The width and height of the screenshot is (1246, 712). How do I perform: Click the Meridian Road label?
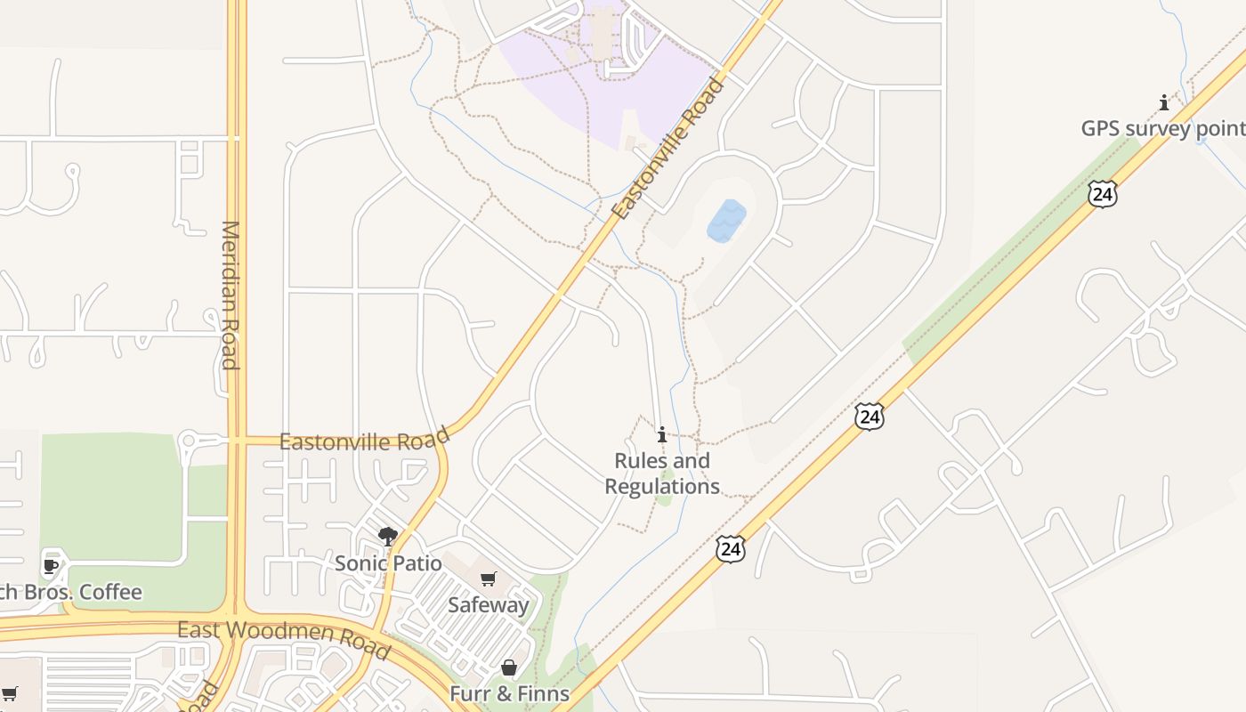(x=231, y=295)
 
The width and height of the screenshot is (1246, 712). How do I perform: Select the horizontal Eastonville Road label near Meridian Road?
(x=364, y=441)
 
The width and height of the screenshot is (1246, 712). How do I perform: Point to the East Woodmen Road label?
(x=283, y=635)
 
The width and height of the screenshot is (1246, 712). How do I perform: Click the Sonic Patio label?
(x=388, y=563)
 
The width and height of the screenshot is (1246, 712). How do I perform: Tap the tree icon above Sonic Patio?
(x=387, y=536)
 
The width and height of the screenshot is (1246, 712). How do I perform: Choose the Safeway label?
(x=488, y=605)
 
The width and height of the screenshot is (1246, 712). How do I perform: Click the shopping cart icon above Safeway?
(x=488, y=580)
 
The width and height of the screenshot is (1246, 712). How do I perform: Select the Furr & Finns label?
(x=509, y=693)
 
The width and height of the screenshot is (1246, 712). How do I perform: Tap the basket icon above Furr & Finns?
(x=509, y=667)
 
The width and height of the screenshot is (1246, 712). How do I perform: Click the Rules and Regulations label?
(x=662, y=473)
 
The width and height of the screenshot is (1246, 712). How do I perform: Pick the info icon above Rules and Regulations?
(x=662, y=435)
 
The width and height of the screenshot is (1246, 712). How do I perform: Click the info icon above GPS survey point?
(x=1163, y=102)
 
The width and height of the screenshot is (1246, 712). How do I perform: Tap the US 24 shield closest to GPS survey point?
(x=1102, y=194)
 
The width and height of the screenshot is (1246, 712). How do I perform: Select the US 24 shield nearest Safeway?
(x=730, y=549)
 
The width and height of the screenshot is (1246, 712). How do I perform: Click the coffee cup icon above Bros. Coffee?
(x=51, y=566)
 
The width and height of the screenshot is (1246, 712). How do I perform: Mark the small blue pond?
(x=726, y=221)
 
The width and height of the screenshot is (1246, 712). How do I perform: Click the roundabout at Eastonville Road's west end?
(x=188, y=441)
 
